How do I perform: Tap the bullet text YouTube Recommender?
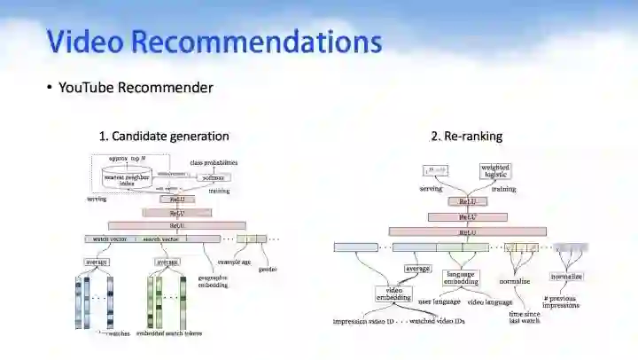(135, 87)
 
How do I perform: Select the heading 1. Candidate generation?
(164, 136)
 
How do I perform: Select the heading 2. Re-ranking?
(467, 136)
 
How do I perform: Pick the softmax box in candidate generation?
(213, 177)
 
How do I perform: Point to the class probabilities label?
(214, 163)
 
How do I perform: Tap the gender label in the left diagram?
(267, 270)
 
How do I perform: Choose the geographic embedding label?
(213, 281)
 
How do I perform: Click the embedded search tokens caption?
(168, 333)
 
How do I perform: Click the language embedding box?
(461, 278)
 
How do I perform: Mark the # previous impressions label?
(562, 301)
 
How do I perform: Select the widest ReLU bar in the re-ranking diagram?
(467, 231)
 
